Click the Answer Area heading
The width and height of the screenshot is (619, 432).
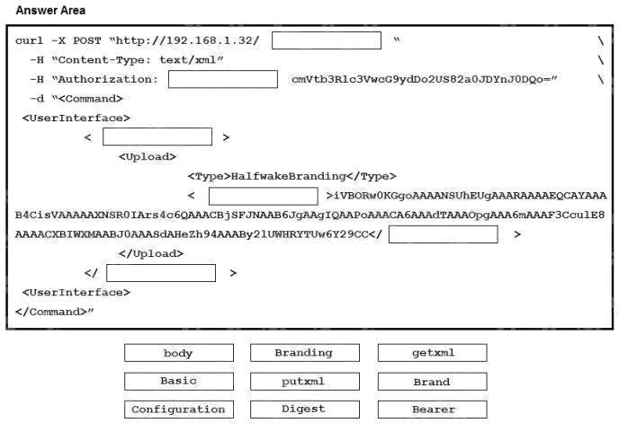(50, 10)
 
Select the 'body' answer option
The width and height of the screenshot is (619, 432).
(179, 353)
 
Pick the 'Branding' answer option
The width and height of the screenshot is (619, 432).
(305, 353)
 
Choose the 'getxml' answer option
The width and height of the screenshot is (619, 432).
(432, 353)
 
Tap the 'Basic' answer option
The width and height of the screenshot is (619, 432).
(179, 382)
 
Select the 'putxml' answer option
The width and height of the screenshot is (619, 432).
(305, 382)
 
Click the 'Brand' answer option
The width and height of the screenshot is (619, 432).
(432, 382)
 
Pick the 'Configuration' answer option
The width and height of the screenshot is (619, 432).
(179, 410)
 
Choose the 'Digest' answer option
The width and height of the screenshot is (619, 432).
(305, 410)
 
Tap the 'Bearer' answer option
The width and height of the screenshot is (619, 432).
(432, 410)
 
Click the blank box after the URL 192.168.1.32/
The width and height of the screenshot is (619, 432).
(327, 40)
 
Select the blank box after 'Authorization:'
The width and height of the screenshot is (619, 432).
(223, 79)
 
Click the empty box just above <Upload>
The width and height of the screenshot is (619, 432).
(157, 137)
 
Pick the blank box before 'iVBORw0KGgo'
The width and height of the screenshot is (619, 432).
(264, 196)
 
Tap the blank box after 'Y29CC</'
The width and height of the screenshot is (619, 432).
(444, 234)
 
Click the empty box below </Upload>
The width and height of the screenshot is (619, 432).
(161, 273)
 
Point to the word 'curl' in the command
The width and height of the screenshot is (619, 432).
(29, 40)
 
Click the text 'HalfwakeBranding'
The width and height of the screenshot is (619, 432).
(289, 176)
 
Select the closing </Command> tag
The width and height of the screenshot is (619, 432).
(51, 312)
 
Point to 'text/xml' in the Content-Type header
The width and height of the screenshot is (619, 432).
(188, 60)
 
